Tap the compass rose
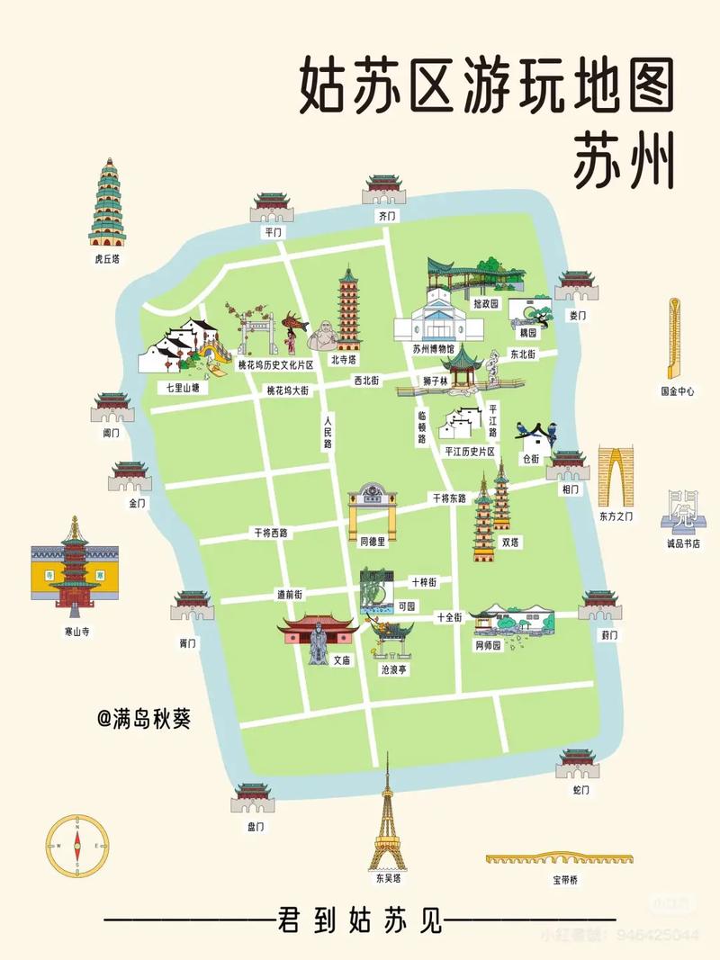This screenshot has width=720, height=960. click(x=77, y=845)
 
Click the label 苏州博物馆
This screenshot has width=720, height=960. click(x=435, y=349)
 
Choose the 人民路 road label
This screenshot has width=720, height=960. click(x=328, y=432)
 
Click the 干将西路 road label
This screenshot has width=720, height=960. click(x=270, y=533)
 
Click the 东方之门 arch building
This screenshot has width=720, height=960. click(x=616, y=477)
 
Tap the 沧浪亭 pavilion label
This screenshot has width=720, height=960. click(x=393, y=670)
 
